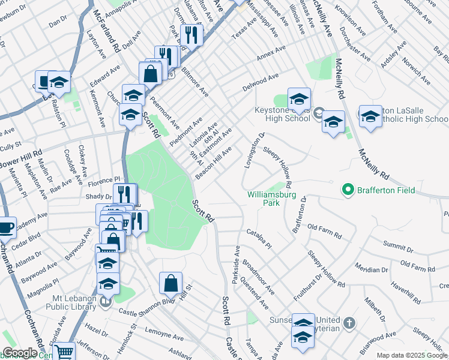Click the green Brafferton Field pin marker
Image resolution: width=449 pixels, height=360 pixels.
(347, 190)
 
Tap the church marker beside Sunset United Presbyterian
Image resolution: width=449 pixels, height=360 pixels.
(349, 324)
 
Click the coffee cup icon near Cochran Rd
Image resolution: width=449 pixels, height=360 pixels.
(6, 228)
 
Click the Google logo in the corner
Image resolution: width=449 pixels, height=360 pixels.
(20, 353)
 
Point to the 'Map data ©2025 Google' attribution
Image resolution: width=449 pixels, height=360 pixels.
(412, 355)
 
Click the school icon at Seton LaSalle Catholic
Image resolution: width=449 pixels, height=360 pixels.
(370, 116)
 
